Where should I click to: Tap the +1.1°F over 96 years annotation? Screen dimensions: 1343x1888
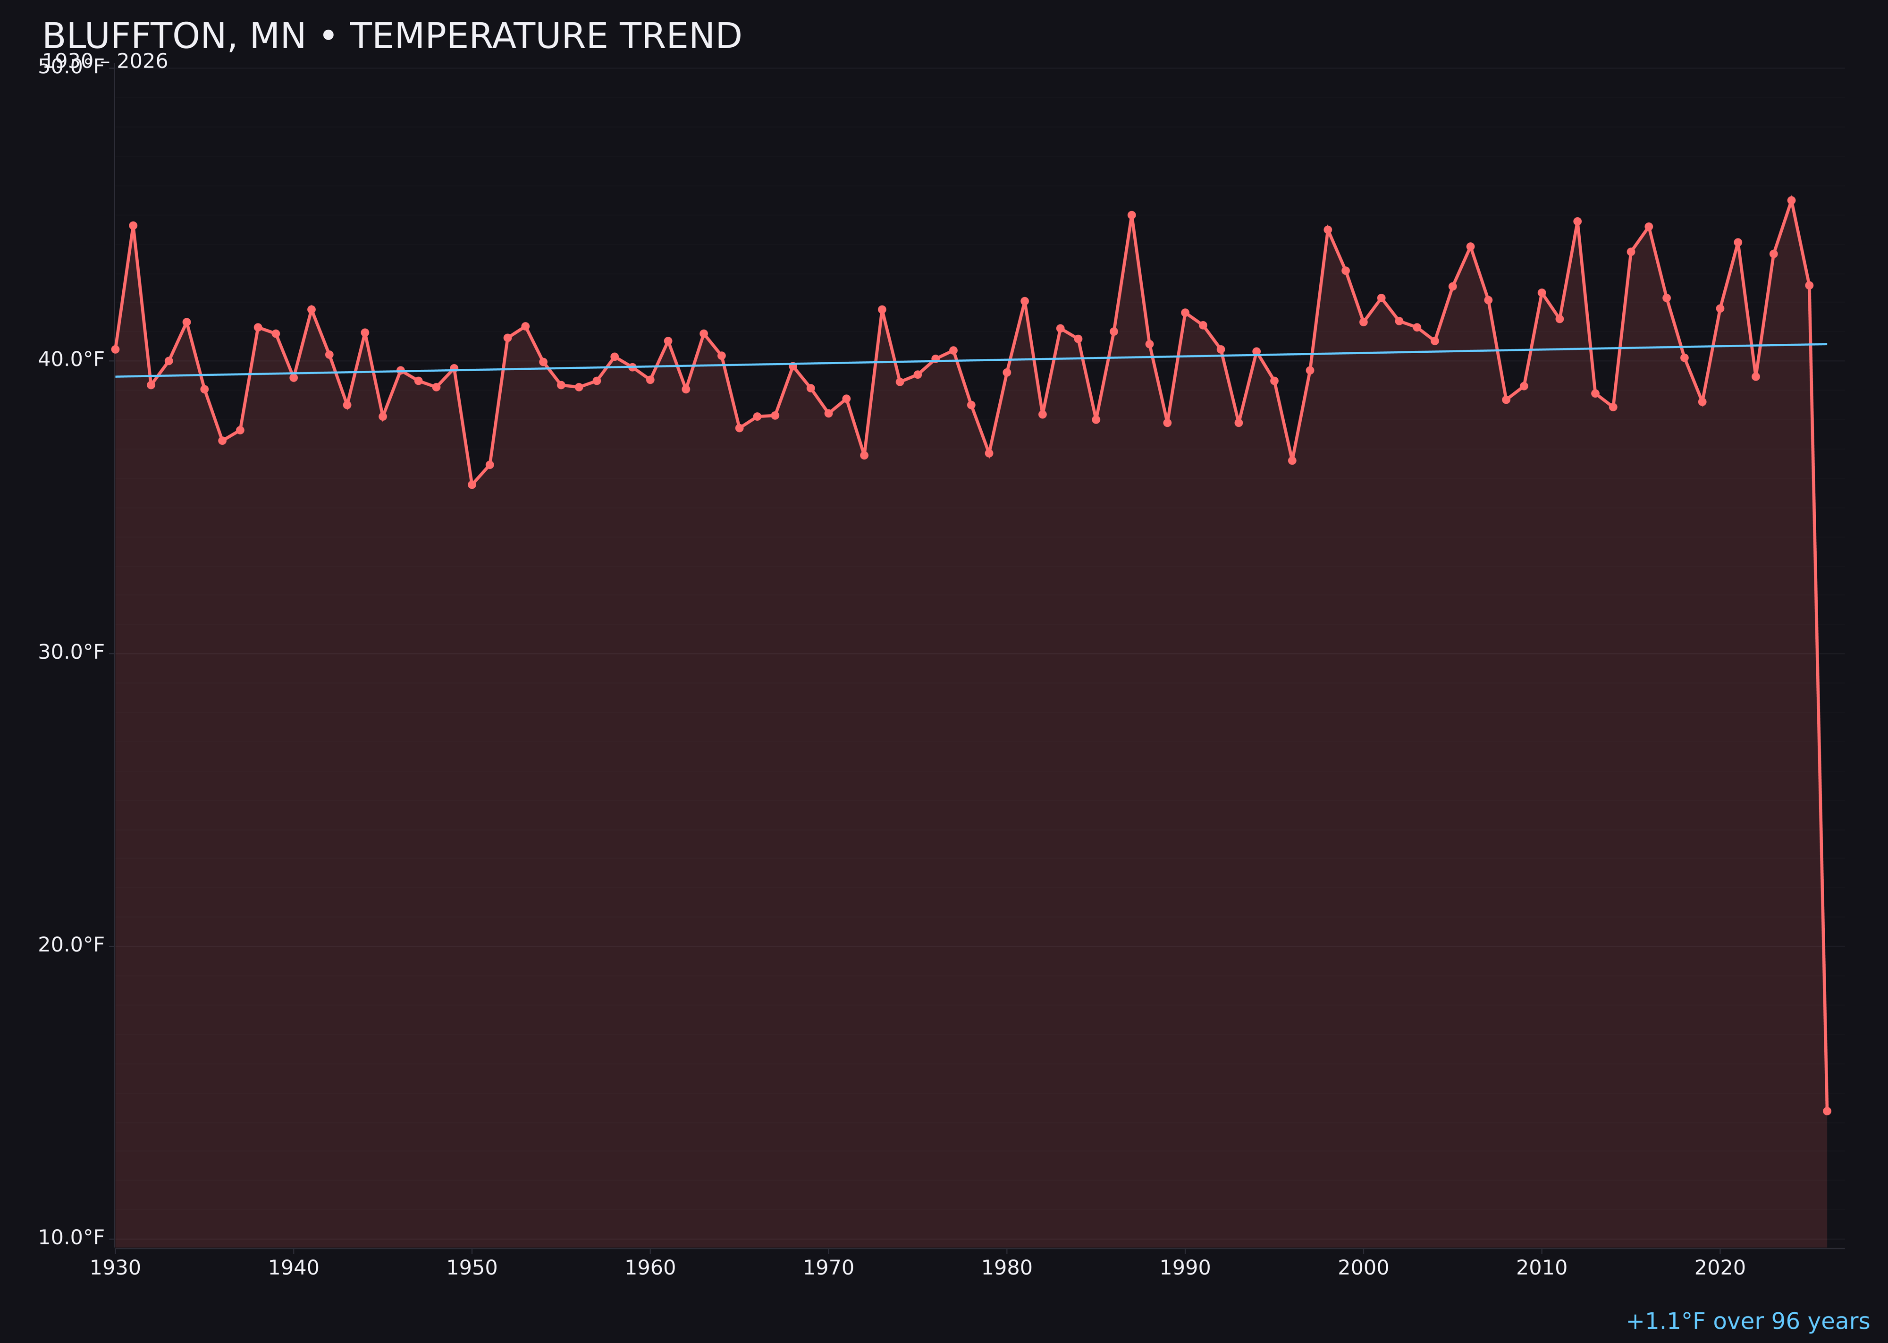click(x=1747, y=1321)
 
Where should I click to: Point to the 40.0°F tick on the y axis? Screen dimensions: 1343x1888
click(x=71, y=360)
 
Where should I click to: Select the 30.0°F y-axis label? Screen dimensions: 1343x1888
click(x=71, y=653)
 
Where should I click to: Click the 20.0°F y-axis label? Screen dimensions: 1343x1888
click(x=71, y=945)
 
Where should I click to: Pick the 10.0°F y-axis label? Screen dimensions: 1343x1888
click(x=71, y=1238)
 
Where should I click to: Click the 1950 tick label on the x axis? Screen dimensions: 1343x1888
click(x=472, y=1268)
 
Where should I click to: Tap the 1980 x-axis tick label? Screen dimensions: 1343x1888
click(x=1007, y=1268)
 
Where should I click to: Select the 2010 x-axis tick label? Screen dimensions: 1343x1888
click(x=1542, y=1268)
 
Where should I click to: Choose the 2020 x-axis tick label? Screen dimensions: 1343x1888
click(x=1719, y=1268)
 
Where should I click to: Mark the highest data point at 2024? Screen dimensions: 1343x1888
click(x=1791, y=200)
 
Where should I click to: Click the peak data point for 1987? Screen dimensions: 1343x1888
click(x=1132, y=215)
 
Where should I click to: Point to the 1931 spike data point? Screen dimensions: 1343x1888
click(x=133, y=225)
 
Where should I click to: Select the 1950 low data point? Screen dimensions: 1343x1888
click(x=472, y=484)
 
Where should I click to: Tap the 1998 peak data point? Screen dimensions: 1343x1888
click(x=1328, y=230)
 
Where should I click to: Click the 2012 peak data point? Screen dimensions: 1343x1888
click(x=1577, y=221)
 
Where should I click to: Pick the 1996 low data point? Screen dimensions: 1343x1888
click(x=1292, y=460)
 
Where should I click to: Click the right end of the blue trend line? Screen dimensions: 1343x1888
click(x=1826, y=344)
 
